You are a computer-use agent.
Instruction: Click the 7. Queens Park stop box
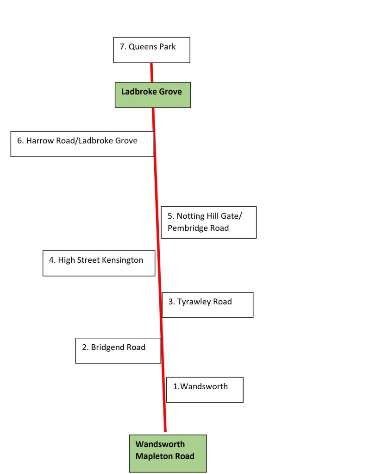[151, 50]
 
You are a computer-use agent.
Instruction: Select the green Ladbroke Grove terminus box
[152, 95]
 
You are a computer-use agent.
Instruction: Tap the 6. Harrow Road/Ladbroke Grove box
[82, 144]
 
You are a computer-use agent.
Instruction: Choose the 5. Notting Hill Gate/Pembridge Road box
[208, 222]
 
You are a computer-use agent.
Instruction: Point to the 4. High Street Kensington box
[99, 263]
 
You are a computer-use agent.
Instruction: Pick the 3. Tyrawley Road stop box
[207, 305]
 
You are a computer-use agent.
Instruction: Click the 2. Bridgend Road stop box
[118, 350]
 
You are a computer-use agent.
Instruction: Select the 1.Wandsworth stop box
[205, 390]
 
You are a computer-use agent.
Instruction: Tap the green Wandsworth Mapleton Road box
[168, 453]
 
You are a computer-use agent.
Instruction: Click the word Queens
[143, 46]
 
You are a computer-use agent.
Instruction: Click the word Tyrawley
[194, 302]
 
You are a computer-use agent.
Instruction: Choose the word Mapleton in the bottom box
[155, 456]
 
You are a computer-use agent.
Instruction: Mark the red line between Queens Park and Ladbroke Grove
[151, 73]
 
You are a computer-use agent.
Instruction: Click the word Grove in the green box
[170, 92]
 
